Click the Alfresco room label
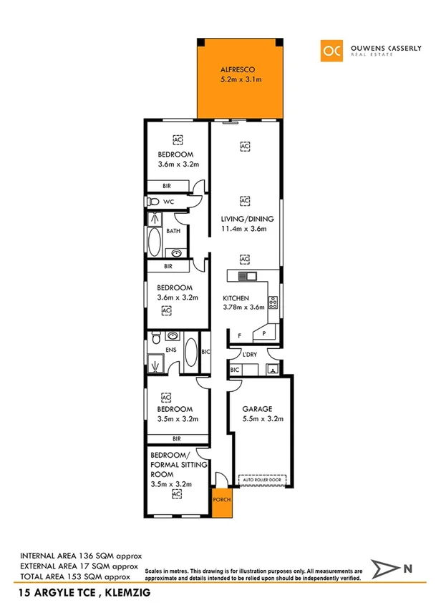tap(236, 70)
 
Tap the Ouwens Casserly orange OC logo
tap(331, 49)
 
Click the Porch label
tap(221, 499)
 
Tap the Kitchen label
tap(236, 297)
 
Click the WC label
tap(169, 202)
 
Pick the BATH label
tap(173, 231)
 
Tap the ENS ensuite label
tap(171, 350)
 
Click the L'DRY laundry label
tap(250, 355)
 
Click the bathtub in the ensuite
tap(191, 353)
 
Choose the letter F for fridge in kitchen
tap(240, 334)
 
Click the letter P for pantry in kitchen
tap(264, 334)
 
